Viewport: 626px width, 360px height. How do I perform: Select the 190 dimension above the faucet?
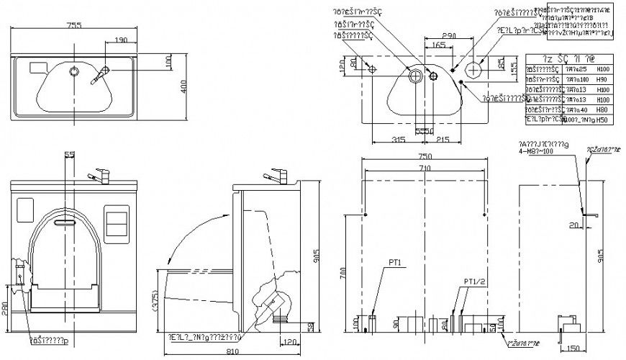coord(120,40)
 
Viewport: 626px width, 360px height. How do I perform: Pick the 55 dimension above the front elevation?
coord(69,155)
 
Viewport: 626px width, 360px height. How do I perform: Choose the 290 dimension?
coord(450,35)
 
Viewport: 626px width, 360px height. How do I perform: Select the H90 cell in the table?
coord(602,79)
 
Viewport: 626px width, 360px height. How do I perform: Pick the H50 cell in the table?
coord(602,120)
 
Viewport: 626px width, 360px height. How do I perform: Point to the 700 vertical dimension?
coord(344,274)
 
